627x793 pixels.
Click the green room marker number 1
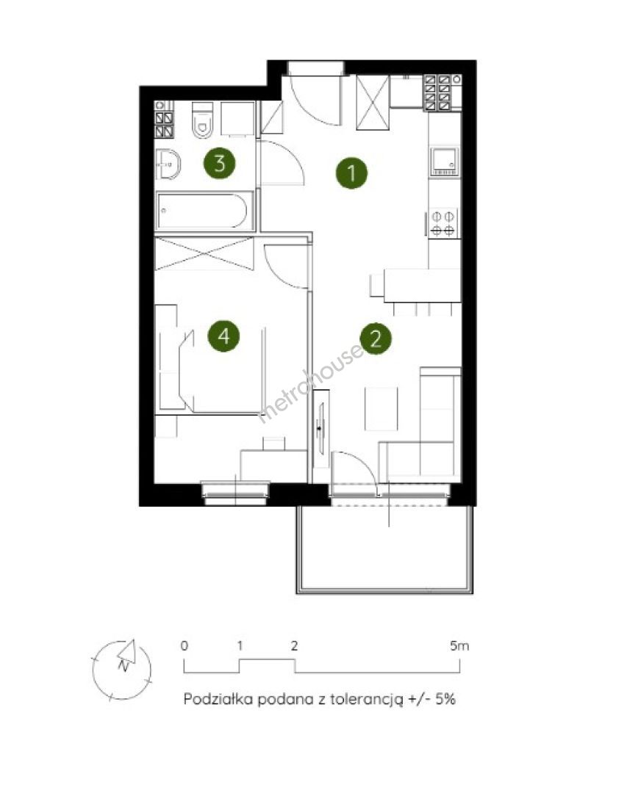[x=351, y=173]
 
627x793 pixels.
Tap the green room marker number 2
[x=376, y=338]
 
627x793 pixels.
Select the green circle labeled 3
[x=219, y=163]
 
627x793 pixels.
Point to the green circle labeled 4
[x=224, y=336]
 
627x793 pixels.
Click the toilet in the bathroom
[x=203, y=120]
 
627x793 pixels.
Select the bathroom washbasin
[x=168, y=163]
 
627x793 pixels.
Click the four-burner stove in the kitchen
[x=443, y=223]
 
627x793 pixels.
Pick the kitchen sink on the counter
[x=444, y=162]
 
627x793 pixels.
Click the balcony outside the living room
[x=385, y=548]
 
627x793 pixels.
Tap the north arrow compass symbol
[x=122, y=670]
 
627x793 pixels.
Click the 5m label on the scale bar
[x=459, y=646]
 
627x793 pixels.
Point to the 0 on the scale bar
[x=184, y=646]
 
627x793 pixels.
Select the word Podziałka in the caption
[x=218, y=699]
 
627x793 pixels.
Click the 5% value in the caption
[x=445, y=699]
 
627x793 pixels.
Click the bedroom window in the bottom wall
[x=235, y=493]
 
